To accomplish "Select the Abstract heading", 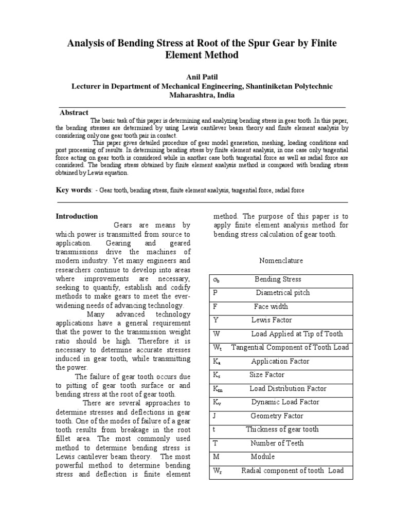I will coord(74,112).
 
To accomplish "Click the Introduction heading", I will coord(77,216).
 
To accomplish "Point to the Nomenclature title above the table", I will coord(280,260).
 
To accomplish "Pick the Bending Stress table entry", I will coord(278,279).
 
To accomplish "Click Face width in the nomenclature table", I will coord(271,307).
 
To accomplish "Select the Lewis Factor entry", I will coord(272,320).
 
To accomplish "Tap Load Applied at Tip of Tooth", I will coord(297,334).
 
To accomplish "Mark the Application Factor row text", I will coord(280,361).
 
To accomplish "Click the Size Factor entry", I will coord(267,375).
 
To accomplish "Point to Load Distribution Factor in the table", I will coord(288,389).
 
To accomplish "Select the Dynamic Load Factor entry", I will coord(285,402).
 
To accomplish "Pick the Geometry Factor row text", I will coord(277,416).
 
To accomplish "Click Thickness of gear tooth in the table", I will coord(282,429).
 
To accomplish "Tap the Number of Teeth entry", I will coord(277,443).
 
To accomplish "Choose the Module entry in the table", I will coord(263,457).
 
